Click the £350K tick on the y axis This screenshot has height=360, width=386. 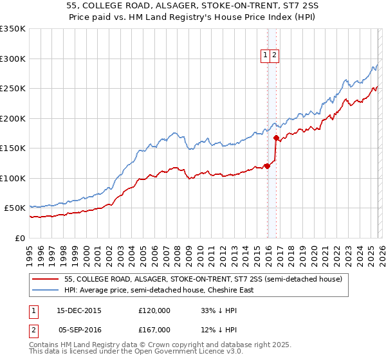point(13,29)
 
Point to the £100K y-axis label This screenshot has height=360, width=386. point(13,178)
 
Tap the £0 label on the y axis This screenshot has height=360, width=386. point(19,238)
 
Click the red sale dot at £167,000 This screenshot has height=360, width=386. point(276,138)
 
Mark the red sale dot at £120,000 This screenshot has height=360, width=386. point(267,166)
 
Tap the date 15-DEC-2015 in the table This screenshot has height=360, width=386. point(79,310)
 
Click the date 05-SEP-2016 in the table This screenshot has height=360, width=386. point(79,329)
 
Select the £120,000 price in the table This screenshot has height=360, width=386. point(154,310)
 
